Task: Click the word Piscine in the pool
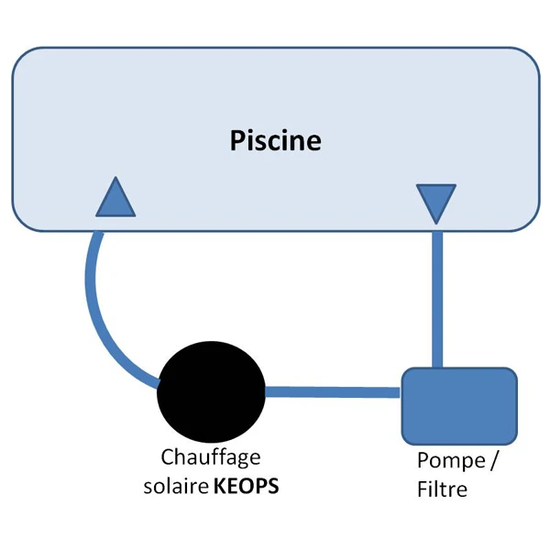point(275,141)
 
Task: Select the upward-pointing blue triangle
point(116,200)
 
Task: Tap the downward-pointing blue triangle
point(435,203)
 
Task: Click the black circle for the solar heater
point(212,391)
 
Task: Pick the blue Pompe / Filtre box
point(459,406)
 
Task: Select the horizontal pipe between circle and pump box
point(332,392)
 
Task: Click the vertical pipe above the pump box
point(436,293)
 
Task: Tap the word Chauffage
point(211,456)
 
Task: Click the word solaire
point(176,485)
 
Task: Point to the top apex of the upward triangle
point(116,179)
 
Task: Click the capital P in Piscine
point(235,141)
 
